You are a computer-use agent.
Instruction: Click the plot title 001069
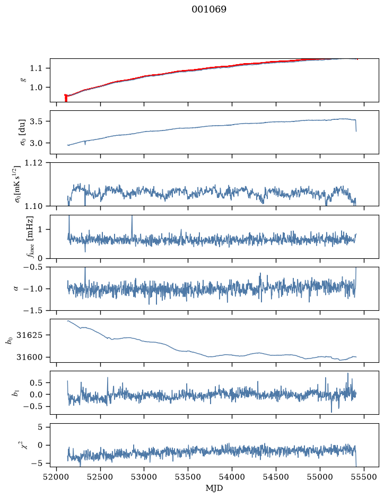coord(208,10)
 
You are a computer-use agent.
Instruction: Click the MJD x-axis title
coord(214,488)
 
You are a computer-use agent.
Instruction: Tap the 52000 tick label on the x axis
coord(57,477)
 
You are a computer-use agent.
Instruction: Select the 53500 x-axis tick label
coord(188,477)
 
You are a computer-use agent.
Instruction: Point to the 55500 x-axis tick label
coord(364,477)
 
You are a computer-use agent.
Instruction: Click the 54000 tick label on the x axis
coord(232,477)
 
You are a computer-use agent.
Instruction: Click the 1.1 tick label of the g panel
coord(36,68)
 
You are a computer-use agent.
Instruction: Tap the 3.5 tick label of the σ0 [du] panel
coord(36,121)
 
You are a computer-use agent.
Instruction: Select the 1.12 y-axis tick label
coord(33,163)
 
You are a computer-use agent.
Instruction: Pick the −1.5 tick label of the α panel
coord(32,310)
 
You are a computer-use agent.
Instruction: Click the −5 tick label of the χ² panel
coord(38,464)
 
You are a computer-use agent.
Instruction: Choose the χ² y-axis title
coord(24,445)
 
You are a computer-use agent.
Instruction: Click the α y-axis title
coord(16,289)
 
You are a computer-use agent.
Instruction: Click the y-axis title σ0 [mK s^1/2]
coord(20,184)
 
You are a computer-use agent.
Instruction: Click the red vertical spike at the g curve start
coord(66,98)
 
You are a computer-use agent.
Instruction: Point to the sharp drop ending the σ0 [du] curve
coord(356,126)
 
